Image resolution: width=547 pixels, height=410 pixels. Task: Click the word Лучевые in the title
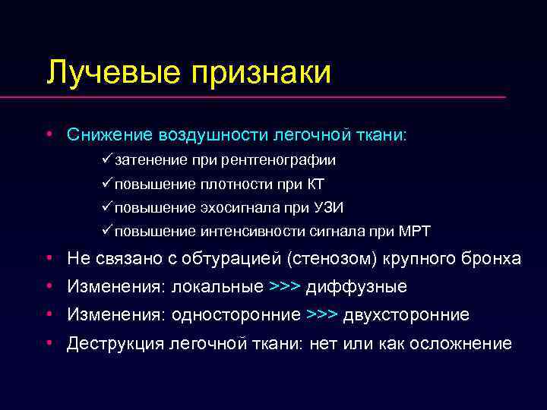(112, 74)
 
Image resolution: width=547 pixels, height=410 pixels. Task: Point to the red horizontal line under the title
(273, 97)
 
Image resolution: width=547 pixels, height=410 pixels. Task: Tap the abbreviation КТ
(317, 184)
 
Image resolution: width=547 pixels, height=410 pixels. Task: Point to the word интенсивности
(253, 231)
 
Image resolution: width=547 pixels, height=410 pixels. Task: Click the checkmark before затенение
(106, 159)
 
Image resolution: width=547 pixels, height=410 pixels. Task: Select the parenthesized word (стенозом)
(337, 259)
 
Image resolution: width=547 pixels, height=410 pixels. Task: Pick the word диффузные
(356, 287)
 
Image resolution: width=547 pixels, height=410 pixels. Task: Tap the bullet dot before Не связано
(49, 258)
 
